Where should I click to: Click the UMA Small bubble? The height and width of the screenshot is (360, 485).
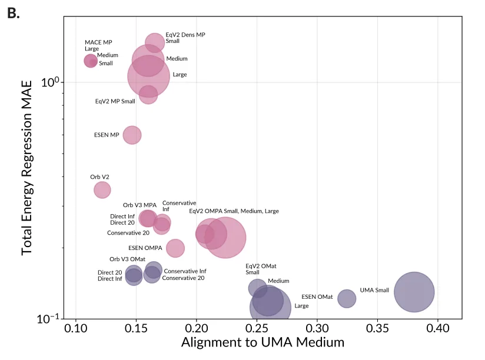414,292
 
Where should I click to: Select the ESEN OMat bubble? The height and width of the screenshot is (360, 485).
347,298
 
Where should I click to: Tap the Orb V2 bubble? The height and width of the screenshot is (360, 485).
102,189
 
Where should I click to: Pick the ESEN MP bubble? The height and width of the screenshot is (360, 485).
132,135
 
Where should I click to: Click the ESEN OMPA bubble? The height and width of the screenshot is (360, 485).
175,248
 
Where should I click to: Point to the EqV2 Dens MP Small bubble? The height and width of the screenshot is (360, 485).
155,42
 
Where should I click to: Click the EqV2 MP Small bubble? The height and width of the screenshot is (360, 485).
148,94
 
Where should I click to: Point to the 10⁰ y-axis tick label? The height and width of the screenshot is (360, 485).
51,82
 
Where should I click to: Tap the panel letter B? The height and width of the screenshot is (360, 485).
13,13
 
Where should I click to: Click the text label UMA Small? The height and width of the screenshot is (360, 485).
374,290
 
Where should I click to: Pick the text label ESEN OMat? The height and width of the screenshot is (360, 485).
317,297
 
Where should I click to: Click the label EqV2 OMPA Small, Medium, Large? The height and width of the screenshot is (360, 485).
234,211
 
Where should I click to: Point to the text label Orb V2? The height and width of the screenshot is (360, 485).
99,176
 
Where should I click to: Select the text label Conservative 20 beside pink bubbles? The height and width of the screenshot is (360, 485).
128,233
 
